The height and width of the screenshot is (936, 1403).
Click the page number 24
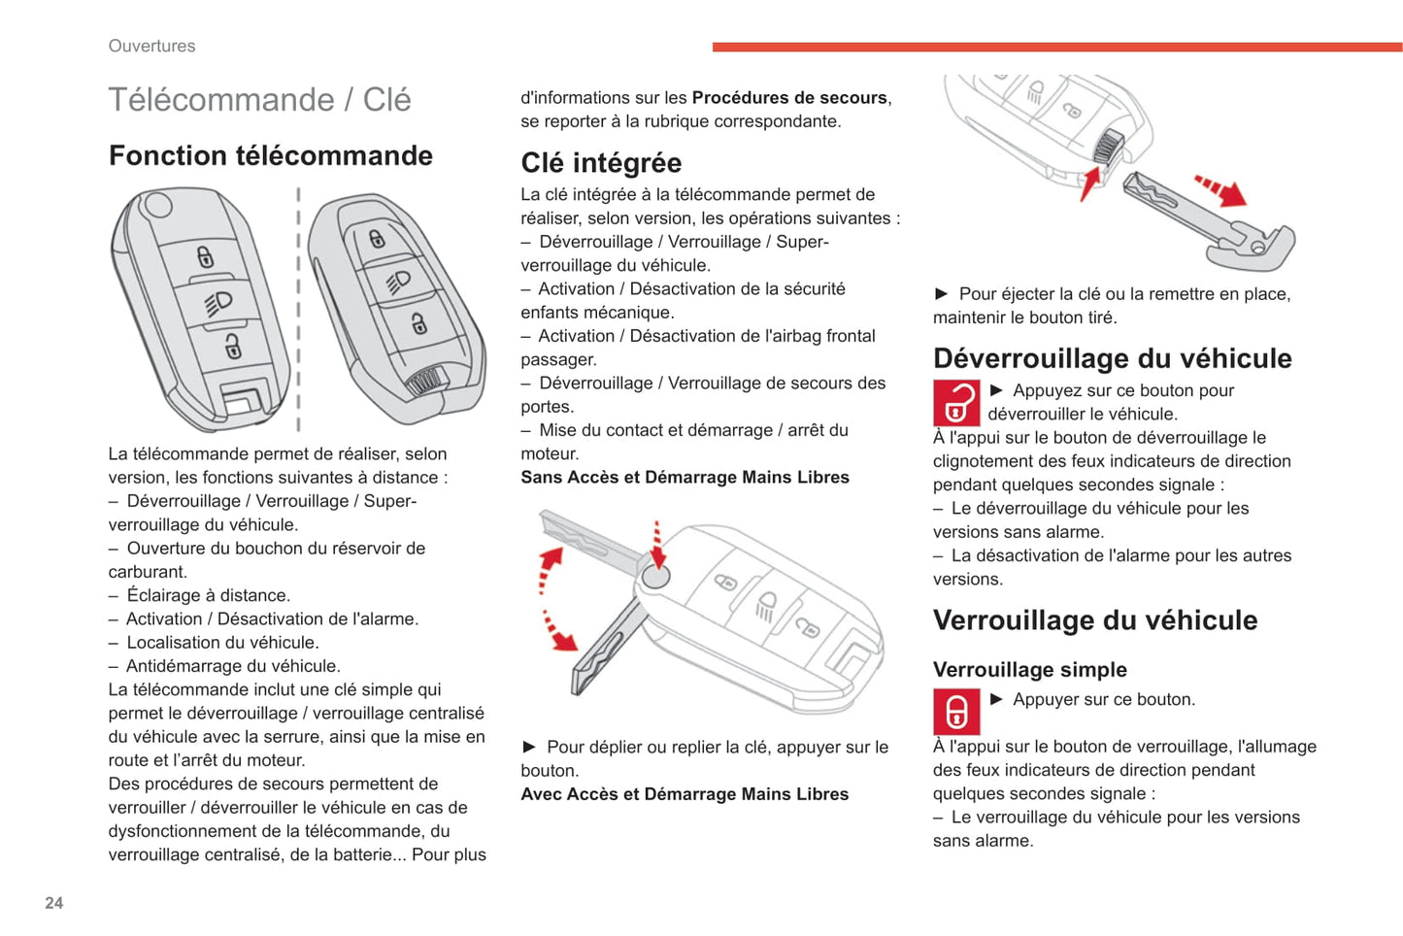53,903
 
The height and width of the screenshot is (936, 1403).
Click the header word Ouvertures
151,46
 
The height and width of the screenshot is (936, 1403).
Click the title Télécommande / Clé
259,99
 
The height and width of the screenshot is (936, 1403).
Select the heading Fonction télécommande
270,155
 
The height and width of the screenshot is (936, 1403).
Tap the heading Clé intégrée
601,162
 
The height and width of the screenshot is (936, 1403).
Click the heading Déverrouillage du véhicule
1112,358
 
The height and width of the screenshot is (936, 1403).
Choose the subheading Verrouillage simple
1029,669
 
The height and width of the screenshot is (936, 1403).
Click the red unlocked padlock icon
955,402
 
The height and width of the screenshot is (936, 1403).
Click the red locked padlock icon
955,712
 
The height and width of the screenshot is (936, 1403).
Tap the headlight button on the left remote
218,302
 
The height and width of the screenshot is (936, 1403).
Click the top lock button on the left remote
205,256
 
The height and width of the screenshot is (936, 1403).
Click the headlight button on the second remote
398,282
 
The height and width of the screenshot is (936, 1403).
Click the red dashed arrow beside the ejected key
1219,190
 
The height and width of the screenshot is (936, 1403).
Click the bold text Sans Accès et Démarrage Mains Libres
685,477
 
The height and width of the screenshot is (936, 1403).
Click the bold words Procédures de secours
788,97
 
